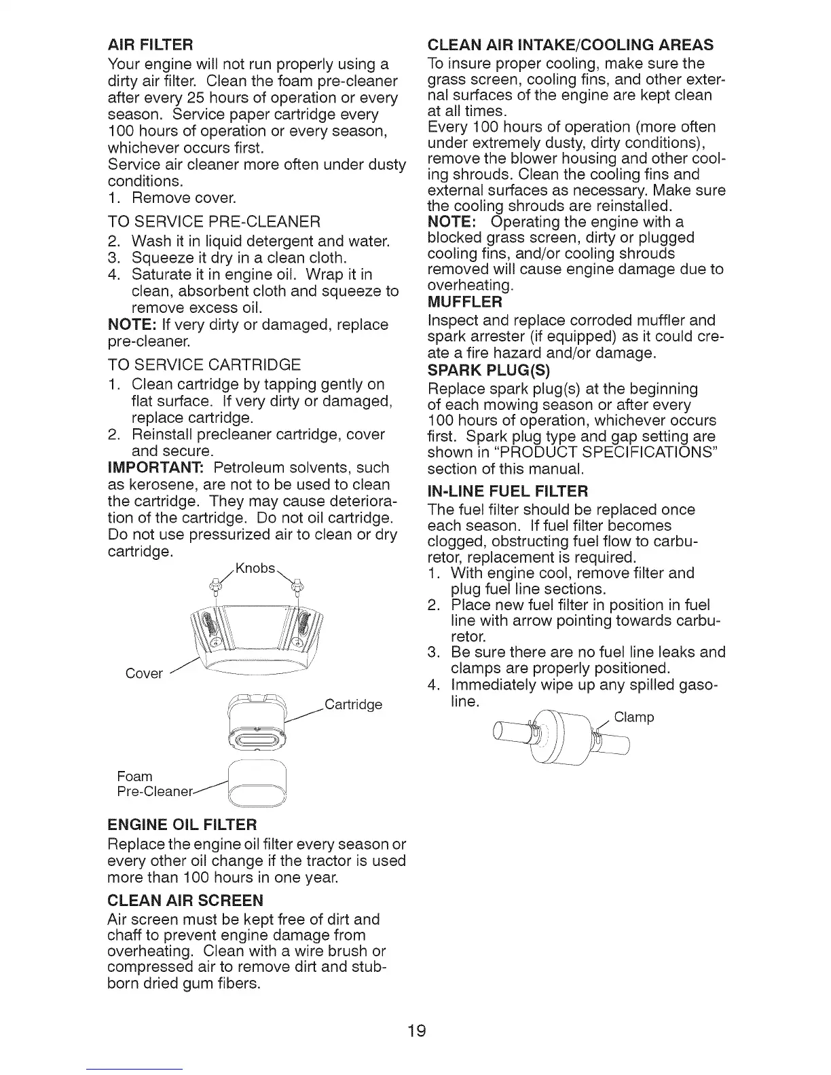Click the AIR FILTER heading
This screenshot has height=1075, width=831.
pyautogui.click(x=151, y=46)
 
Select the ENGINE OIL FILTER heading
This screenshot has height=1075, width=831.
pyautogui.click(x=182, y=825)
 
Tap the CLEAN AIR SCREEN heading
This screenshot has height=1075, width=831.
pyautogui.click(x=185, y=901)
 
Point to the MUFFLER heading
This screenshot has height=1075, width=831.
pyautogui.click(x=465, y=301)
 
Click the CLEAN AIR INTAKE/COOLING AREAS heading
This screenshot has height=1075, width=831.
pyautogui.click(x=570, y=45)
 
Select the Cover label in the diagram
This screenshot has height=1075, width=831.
pyautogui.click(x=144, y=673)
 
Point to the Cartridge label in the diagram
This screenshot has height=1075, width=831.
pyautogui.click(x=353, y=704)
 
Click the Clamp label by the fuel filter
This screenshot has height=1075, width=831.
pyautogui.click(x=633, y=717)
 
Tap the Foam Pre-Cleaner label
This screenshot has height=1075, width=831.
pyautogui.click(x=153, y=784)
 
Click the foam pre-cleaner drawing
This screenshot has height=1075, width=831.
pyautogui.click(x=256, y=786)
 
